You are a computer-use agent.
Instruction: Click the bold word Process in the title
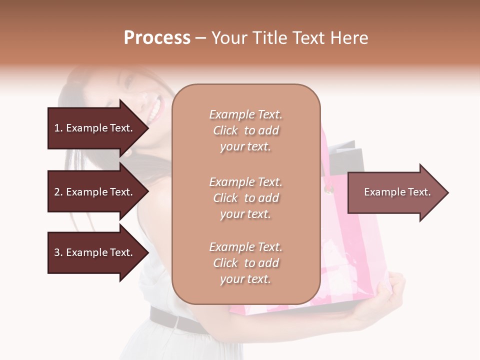157,38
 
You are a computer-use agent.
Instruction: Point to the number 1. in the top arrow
58,128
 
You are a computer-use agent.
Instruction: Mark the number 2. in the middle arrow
58,192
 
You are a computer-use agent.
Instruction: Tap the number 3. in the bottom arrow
58,252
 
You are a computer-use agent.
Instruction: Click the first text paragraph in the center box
245,130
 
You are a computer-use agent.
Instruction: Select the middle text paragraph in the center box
245,198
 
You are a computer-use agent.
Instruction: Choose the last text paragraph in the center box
245,263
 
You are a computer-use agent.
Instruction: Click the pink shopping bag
350,250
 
